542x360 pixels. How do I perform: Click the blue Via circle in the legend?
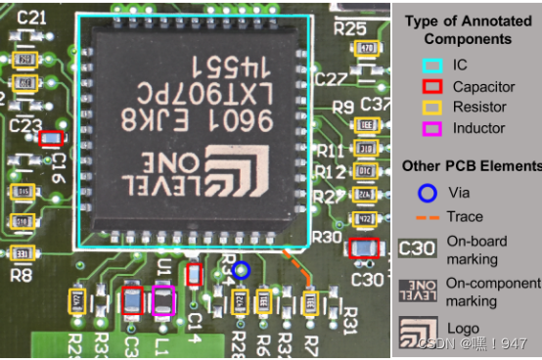coord(426,193)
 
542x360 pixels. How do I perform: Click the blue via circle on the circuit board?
coord(242,269)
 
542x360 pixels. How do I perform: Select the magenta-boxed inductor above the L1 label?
coord(162,299)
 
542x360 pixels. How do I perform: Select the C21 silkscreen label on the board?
coord(31,18)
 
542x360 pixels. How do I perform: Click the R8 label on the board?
coord(21,275)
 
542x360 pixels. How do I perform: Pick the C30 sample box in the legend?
coord(418,248)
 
